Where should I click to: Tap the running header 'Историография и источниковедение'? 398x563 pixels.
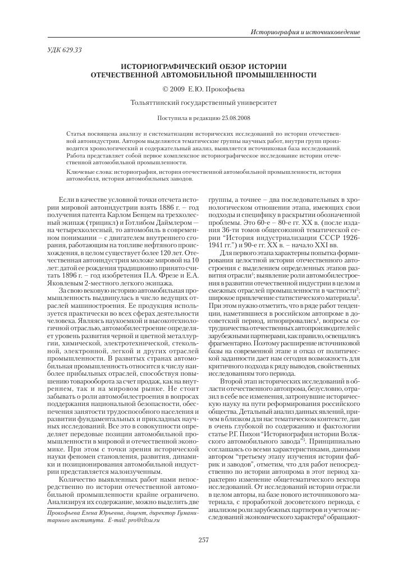click(305, 30)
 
